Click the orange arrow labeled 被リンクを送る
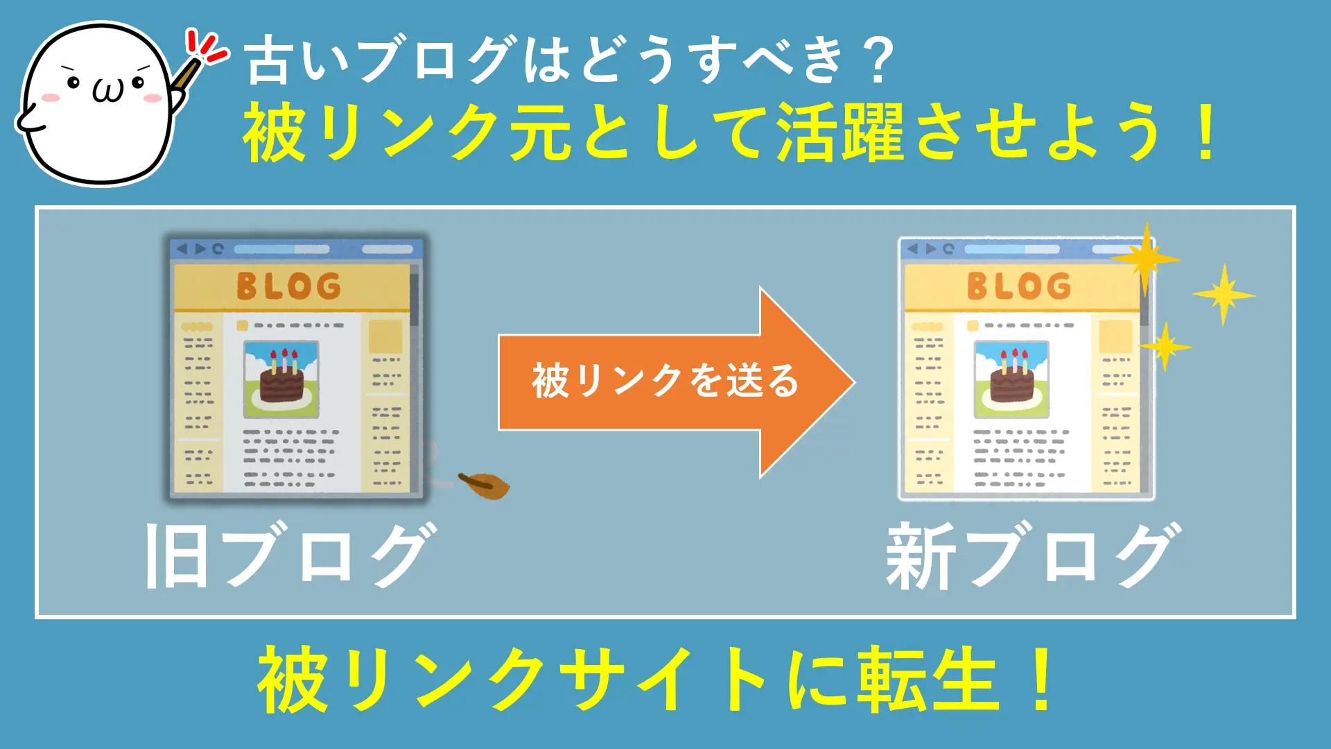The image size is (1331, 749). (676, 382)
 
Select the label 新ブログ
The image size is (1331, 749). (1034, 556)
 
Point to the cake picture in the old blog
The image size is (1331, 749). (281, 379)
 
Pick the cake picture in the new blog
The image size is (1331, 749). (1011, 379)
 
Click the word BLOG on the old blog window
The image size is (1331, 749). (289, 286)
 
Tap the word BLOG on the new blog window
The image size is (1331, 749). (1019, 286)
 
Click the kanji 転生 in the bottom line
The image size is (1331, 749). (929, 680)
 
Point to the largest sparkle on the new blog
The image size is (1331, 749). (1146, 259)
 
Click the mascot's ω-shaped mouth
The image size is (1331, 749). (108, 91)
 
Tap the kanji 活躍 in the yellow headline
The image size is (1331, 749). (840, 132)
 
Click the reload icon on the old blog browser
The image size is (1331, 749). (218, 248)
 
